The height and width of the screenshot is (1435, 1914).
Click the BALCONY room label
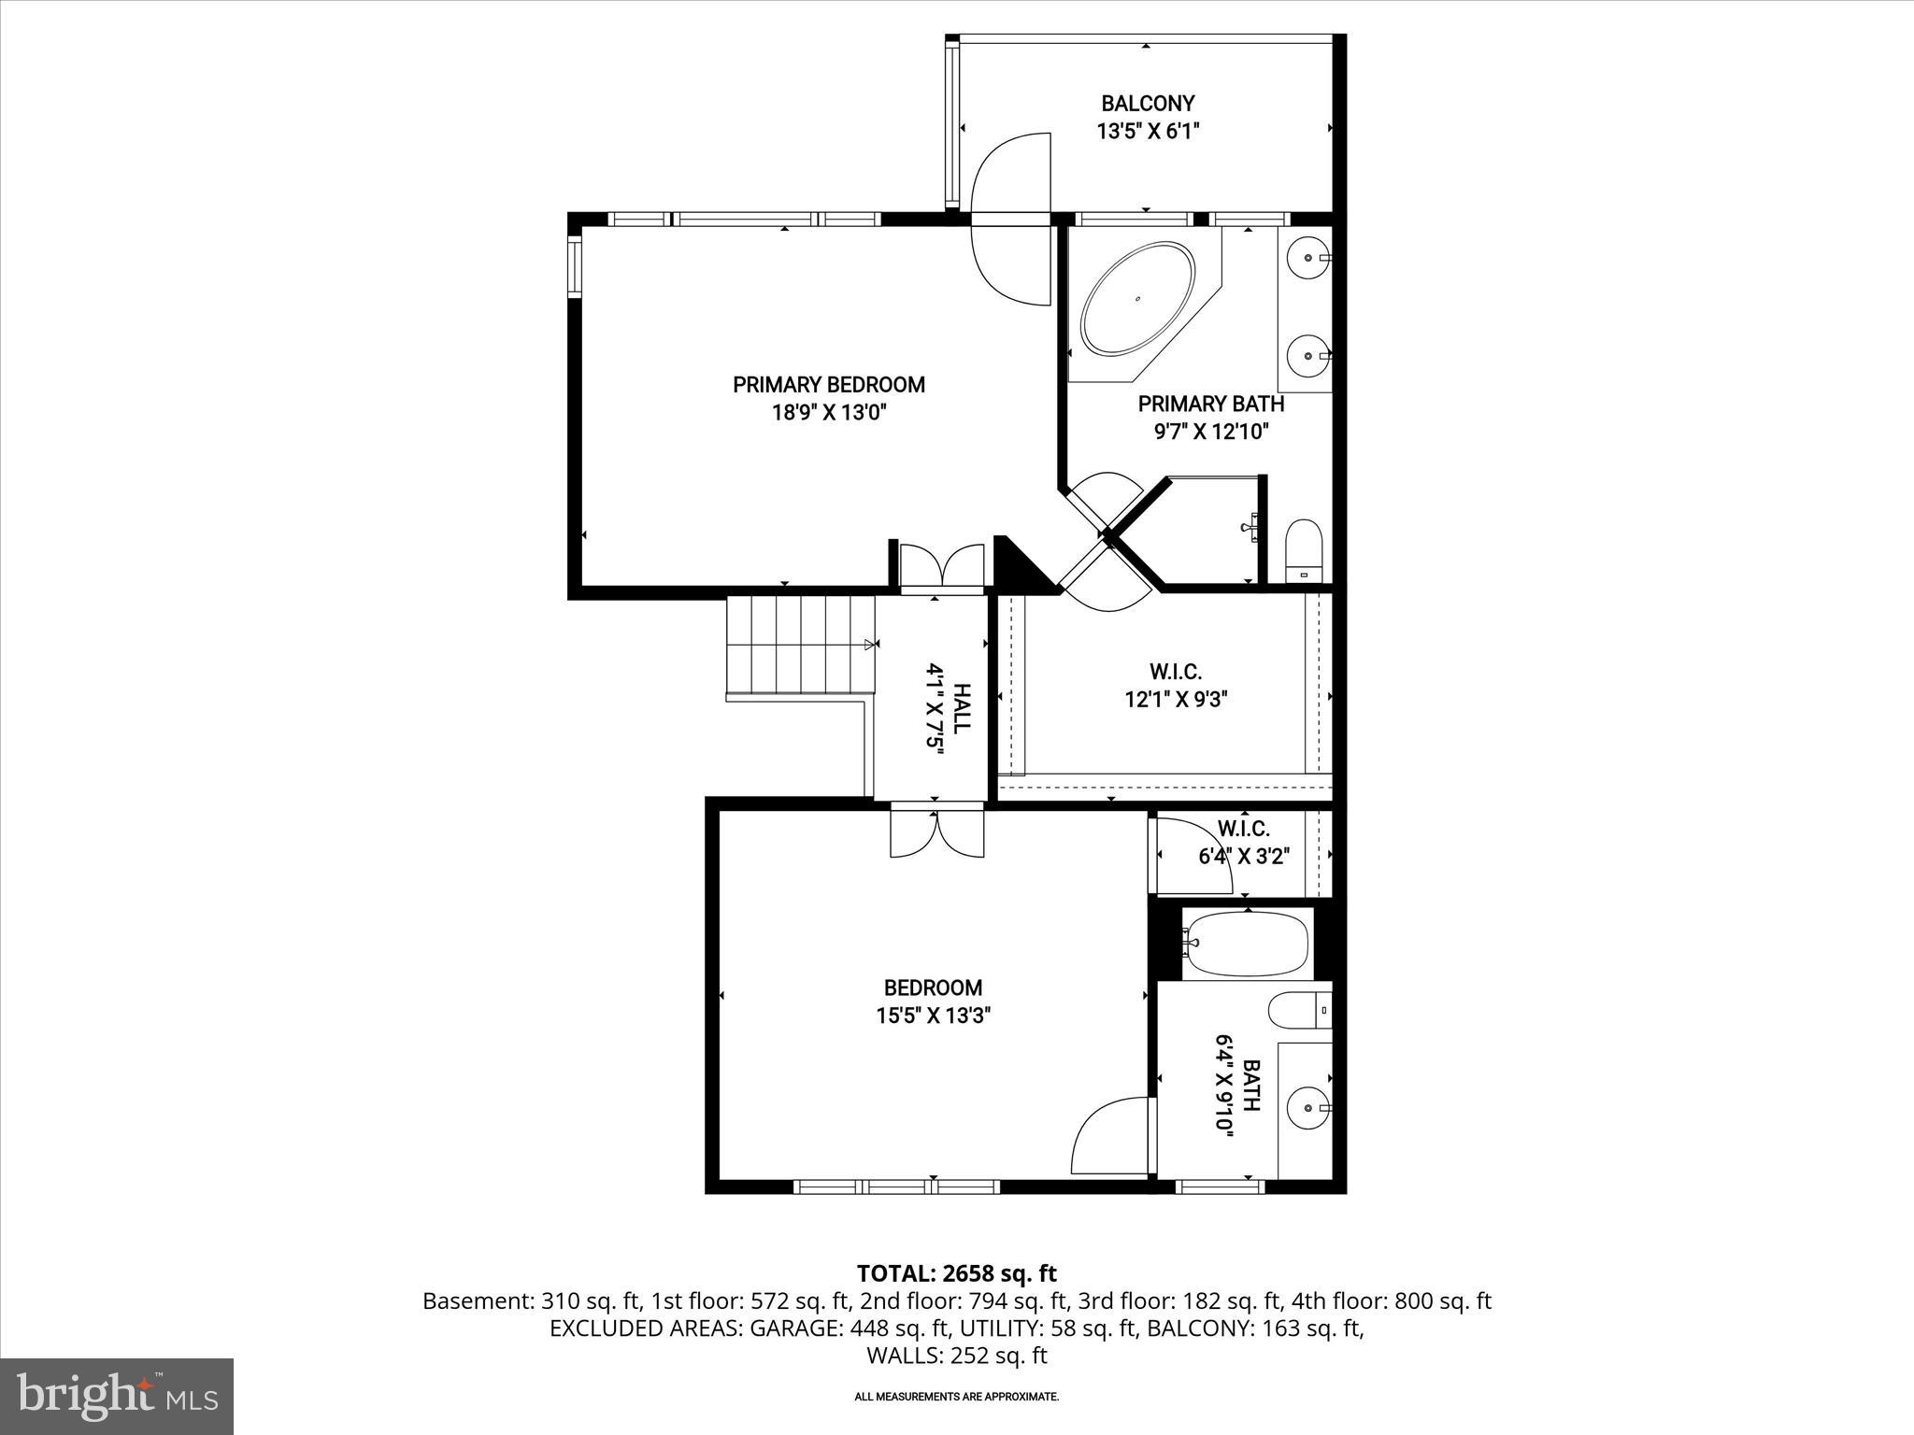pos(1147,104)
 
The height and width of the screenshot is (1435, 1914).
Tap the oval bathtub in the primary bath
pos(1137,299)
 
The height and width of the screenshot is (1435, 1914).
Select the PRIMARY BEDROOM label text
pos(828,385)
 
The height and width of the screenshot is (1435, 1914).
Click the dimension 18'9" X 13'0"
pos(828,413)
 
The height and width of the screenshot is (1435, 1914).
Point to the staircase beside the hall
pos(800,647)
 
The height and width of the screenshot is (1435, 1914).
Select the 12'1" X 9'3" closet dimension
pos(1175,699)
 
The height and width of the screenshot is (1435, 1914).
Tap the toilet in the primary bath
pos(1304,551)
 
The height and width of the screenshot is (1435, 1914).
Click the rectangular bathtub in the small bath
pos(1246,944)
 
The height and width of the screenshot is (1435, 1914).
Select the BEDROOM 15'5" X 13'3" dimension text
pos(933,1016)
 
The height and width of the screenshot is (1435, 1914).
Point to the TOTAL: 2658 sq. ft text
pos(956,1273)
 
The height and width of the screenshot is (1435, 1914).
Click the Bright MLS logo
pos(117,1396)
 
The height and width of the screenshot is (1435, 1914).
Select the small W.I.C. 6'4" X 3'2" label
pos(1244,843)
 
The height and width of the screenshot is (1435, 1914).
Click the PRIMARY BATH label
pos(1210,405)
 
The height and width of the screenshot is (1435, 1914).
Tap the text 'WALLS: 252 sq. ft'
pos(956,1356)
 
